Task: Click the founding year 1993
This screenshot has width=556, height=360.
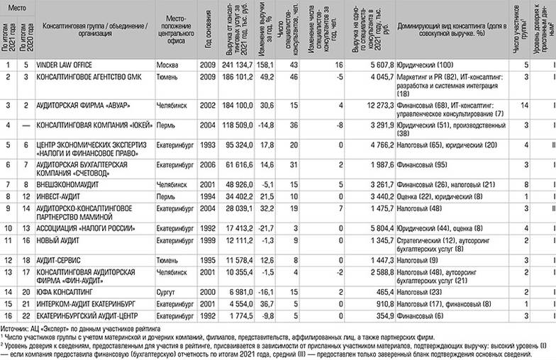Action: pyautogui.click(x=206, y=145)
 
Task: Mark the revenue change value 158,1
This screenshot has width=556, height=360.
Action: pyautogui.click(x=265, y=64)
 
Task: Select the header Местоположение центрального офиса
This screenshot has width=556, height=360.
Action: pyautogui.click(x=174, y=30)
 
